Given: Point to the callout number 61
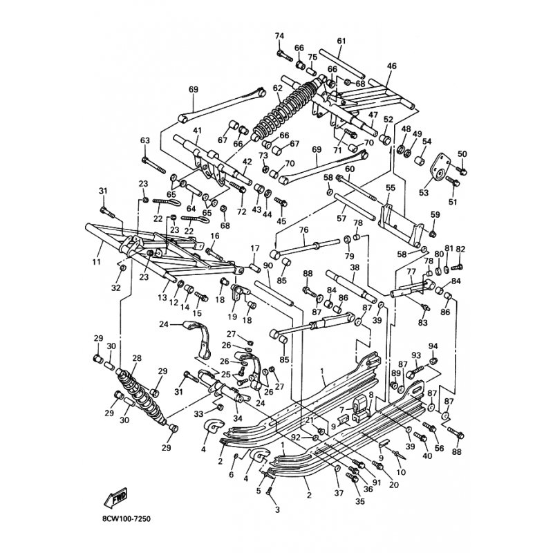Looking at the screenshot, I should pyautogui.click(x=341, y=41).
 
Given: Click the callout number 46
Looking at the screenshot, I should pyautogui.click(x=391, y=66).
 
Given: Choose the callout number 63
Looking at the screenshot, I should pyautogui.click(x=145, y=140).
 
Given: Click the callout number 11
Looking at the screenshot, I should pyautogui.click(x=95, y=263).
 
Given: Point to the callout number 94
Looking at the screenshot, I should pyautogui.click(x=433, y=346).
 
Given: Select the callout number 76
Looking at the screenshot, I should pyautogui.click(x=303, y=229).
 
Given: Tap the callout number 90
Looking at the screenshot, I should pyautogui.click(x=267, y=265).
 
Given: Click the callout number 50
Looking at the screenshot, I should pyautogui.click(x=462, y=153).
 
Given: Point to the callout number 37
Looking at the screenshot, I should pyautogui.click(x=338, y=493).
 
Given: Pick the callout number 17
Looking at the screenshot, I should pyautogui.click(x=254, y=248).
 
